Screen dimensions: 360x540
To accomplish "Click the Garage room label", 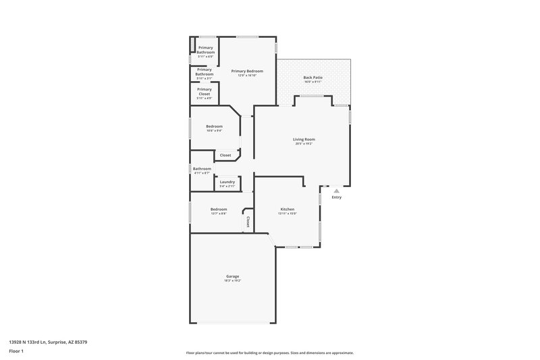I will (x=232, y=276).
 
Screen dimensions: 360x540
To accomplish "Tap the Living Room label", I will (x=304, y=139).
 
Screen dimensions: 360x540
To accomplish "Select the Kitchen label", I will (x=288, y=209).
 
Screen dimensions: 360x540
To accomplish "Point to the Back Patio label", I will (x=313, y=78).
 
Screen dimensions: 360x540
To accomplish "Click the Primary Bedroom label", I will (x=247, y=71).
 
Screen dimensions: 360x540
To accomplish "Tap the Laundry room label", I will (x=227, y=182).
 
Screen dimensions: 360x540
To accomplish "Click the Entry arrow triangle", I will (x=336, y=191).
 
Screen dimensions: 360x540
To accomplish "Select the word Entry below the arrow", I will (x=336, y=197).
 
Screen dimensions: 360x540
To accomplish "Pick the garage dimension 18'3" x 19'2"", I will (x=232, y=280).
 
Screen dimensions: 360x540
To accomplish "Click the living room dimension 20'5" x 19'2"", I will (x=304, y=144).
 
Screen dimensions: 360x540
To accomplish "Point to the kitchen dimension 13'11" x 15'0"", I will (x=288, y=213).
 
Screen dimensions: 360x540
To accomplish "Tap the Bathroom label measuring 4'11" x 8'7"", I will (x=202, y=169).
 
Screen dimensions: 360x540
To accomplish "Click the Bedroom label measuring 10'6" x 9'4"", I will (x=214, y=126).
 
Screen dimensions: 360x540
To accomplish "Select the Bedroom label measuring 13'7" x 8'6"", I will (x=218, y=209).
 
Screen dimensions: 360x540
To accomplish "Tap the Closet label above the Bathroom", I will (x=225, y=155).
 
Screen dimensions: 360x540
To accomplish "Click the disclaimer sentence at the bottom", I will (x=269, y=353).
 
